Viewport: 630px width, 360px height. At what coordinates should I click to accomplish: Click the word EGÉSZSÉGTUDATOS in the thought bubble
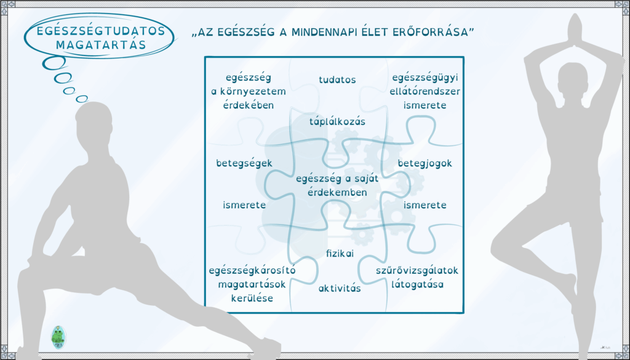[100, 31]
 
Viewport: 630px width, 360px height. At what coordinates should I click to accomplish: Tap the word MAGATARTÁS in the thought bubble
[100, 44]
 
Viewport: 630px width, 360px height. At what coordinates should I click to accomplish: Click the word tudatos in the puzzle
[338, 80]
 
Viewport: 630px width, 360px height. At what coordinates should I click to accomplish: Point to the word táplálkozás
[338, 121]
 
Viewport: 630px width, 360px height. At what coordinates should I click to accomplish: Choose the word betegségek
[244, 164]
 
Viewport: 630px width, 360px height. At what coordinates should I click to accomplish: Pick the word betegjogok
[425, 164]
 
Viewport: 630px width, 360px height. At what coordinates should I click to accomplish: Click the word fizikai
[340, 254]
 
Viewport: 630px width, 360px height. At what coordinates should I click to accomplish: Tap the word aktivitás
[340, 289]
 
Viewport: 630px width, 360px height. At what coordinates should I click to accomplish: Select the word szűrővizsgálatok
[417, 271]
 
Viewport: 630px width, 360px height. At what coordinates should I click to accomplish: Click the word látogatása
[418, 285]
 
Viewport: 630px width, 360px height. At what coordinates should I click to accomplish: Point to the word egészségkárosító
[252, 271]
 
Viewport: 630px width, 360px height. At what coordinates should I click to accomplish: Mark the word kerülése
[252, 298]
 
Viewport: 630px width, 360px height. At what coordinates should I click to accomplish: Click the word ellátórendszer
[425, 92]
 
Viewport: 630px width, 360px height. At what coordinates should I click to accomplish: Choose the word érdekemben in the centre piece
[338, 193]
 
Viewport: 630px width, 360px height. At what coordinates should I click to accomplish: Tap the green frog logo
[58, 337]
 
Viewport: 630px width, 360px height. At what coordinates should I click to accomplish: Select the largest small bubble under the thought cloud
[55, 63]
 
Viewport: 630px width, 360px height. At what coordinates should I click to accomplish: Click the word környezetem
[249, 92]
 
